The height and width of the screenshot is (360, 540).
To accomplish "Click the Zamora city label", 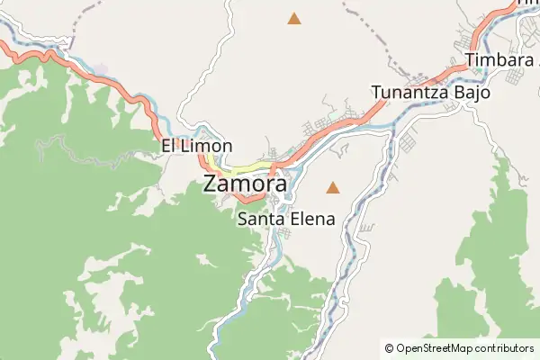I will [x=246, y=183].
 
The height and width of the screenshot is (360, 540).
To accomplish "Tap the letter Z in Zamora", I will [x=211, y=183].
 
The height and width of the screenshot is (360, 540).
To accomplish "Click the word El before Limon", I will [x=168, y=146].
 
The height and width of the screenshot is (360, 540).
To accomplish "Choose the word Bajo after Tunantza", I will [x=473, y=92].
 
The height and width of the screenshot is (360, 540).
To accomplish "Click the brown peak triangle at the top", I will [x=293, y=18].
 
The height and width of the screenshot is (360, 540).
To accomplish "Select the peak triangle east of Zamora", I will [x=333, y=188].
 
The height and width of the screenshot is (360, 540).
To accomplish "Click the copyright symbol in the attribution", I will [x=389, y=347].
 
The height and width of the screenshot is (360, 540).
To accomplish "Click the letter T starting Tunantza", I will [x=376, y=92].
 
